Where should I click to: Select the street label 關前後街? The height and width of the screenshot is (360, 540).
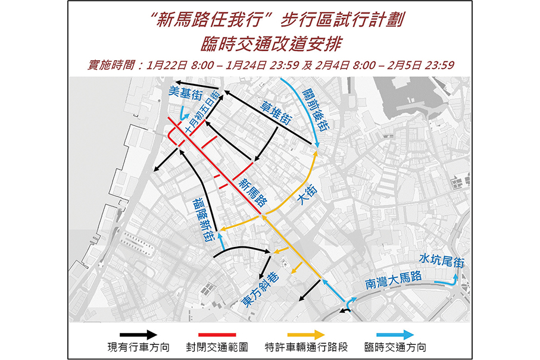(316, 110)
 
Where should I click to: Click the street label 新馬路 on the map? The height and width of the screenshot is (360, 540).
(252, 192)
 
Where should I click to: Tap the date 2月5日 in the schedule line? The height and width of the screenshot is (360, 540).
(403, 65)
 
